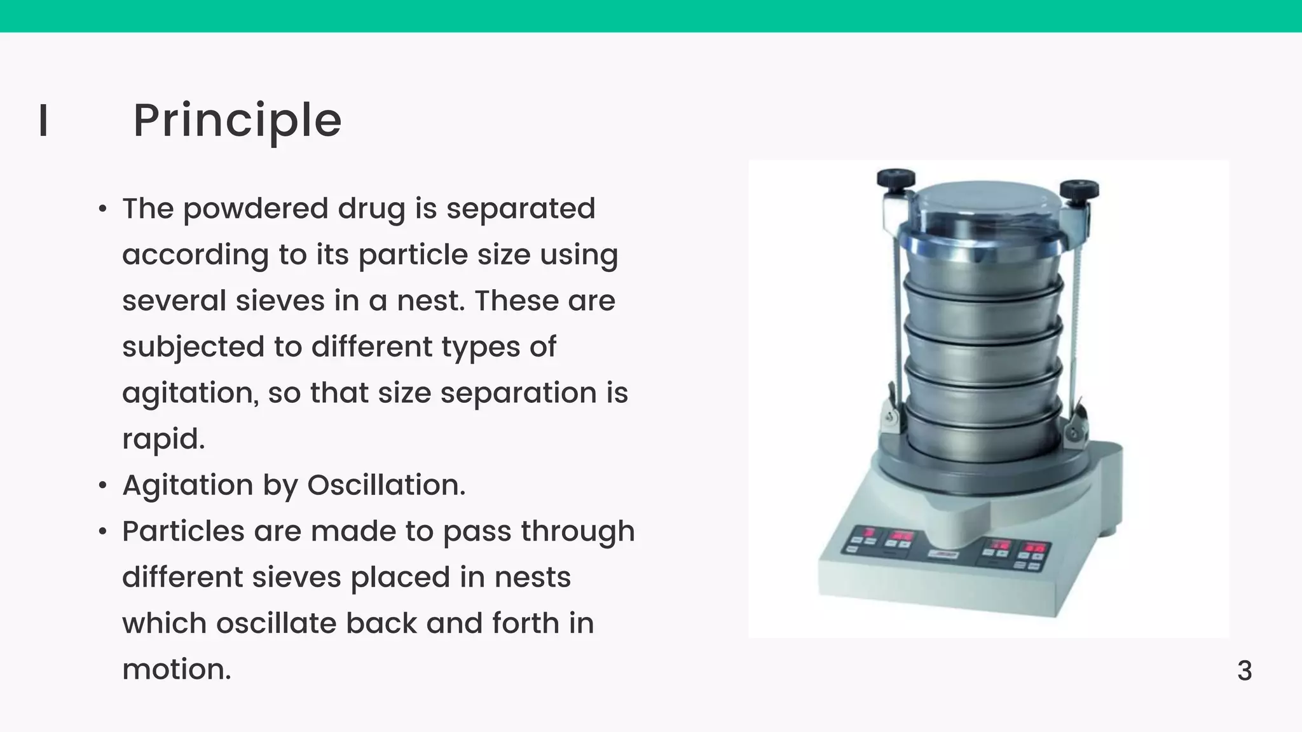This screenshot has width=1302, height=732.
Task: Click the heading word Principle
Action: [237, 121]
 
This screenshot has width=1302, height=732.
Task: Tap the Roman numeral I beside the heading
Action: [43, 121]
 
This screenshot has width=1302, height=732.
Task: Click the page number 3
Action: [1244, 671]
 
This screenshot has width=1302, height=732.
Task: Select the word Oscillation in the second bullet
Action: [386, 485]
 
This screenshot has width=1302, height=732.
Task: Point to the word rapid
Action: [163, 439]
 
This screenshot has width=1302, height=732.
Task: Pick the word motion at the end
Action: [176, 670]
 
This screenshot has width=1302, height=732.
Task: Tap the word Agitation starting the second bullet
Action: [188, 486]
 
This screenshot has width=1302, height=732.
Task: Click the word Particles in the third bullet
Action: [183, 531]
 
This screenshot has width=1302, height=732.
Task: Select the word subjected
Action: [193, 348]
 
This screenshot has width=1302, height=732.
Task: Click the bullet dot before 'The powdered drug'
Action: [103, 209]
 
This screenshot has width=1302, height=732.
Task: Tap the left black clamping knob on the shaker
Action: [896, 179]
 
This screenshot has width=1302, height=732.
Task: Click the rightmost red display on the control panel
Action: [1036, 547]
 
